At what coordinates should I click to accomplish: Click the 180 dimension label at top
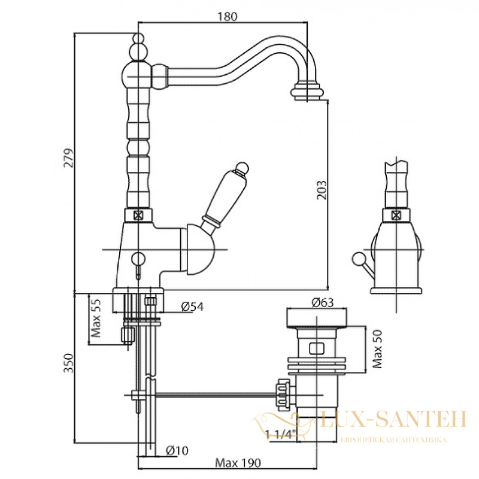tap(227, 17)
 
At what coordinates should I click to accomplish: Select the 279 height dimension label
tap(69, 158)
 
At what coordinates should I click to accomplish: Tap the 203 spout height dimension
tap(322, 190)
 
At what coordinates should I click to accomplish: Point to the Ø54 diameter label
tap(192, 306)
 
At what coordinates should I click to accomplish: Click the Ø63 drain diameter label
tap(323, 302)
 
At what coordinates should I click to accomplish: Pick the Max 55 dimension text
tap(96, 318)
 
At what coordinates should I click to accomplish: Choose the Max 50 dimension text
tap(378, 349)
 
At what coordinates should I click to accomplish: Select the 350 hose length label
tap(69, 363)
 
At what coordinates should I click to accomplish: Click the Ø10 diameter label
tap(177, 450)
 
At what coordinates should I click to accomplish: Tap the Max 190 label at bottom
tap(238, 463)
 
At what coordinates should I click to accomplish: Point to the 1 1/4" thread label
tap(281, 433)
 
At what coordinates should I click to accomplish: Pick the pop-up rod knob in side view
tap(357, 259)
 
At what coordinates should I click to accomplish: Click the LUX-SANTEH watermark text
tap(393, 419)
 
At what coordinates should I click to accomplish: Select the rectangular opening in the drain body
tap(317, 348)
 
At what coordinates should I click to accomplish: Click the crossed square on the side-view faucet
tap(396, 216)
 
